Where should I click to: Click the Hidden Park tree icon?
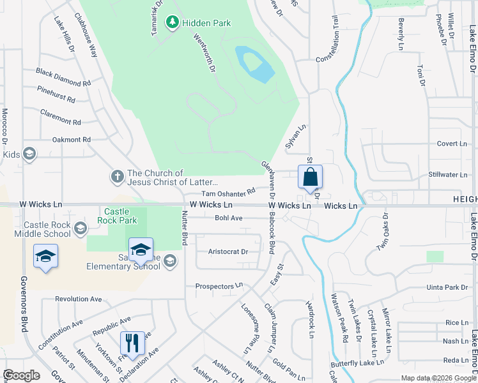click(172, 23)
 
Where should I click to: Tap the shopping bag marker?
click(310, 177)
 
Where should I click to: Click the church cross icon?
click(117, 175)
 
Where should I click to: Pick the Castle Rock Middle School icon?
click(80, 228)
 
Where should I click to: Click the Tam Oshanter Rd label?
click(228, 192)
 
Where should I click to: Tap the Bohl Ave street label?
click(229, 218)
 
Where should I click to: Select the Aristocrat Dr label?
click(227, 252)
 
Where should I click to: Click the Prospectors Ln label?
click(219, 287)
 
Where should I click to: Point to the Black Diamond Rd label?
click(63, 78)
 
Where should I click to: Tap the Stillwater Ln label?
click(448, 174)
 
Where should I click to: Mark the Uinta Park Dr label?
click(448, 288)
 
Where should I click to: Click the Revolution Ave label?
click(79, 299)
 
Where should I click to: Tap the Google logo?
click(21, 375)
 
